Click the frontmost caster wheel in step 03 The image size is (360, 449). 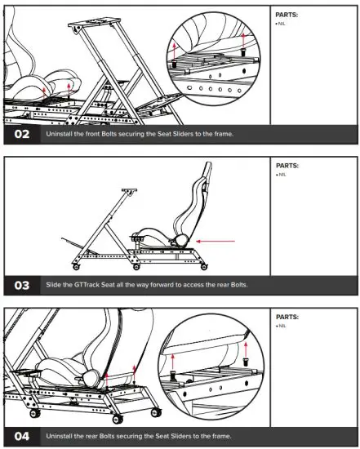(77, 267)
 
